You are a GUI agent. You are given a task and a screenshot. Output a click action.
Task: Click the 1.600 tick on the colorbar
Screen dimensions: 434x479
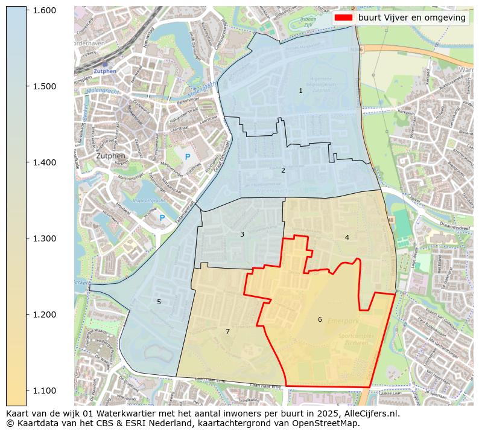(44, 10)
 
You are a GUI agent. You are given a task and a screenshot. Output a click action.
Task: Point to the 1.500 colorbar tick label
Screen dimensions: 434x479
(44, 86)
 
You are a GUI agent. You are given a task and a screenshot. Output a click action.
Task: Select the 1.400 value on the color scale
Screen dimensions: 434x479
(44, 162)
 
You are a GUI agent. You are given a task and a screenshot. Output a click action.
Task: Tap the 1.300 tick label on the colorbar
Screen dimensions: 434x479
(44, 238)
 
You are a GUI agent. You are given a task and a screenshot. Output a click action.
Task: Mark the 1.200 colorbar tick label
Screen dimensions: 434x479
(44, 314)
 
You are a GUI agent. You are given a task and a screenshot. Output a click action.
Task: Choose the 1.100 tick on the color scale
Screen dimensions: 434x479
(44, 391)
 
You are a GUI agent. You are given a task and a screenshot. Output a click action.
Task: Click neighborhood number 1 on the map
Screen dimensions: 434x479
(300, 91)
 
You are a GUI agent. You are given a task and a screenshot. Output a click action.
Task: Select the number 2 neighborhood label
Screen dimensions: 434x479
(282, 170)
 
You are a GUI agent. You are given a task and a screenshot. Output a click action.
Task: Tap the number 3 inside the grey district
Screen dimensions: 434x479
(242, 234)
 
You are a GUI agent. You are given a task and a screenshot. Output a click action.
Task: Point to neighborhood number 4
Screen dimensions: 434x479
(347, 237)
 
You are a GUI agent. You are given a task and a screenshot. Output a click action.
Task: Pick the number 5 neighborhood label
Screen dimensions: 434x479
(159, 302)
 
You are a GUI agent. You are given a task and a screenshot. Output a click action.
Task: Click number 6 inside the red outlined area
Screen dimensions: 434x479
(320, 319)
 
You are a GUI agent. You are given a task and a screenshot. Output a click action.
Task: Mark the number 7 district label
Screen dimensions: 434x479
(227, 331)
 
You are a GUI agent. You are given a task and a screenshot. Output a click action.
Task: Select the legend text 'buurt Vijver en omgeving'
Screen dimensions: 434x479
(411, 18)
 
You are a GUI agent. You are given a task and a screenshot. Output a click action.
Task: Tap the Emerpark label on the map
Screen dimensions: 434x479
(343, 321)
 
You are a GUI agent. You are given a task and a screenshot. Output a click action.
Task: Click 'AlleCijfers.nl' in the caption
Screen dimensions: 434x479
(370, 414)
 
